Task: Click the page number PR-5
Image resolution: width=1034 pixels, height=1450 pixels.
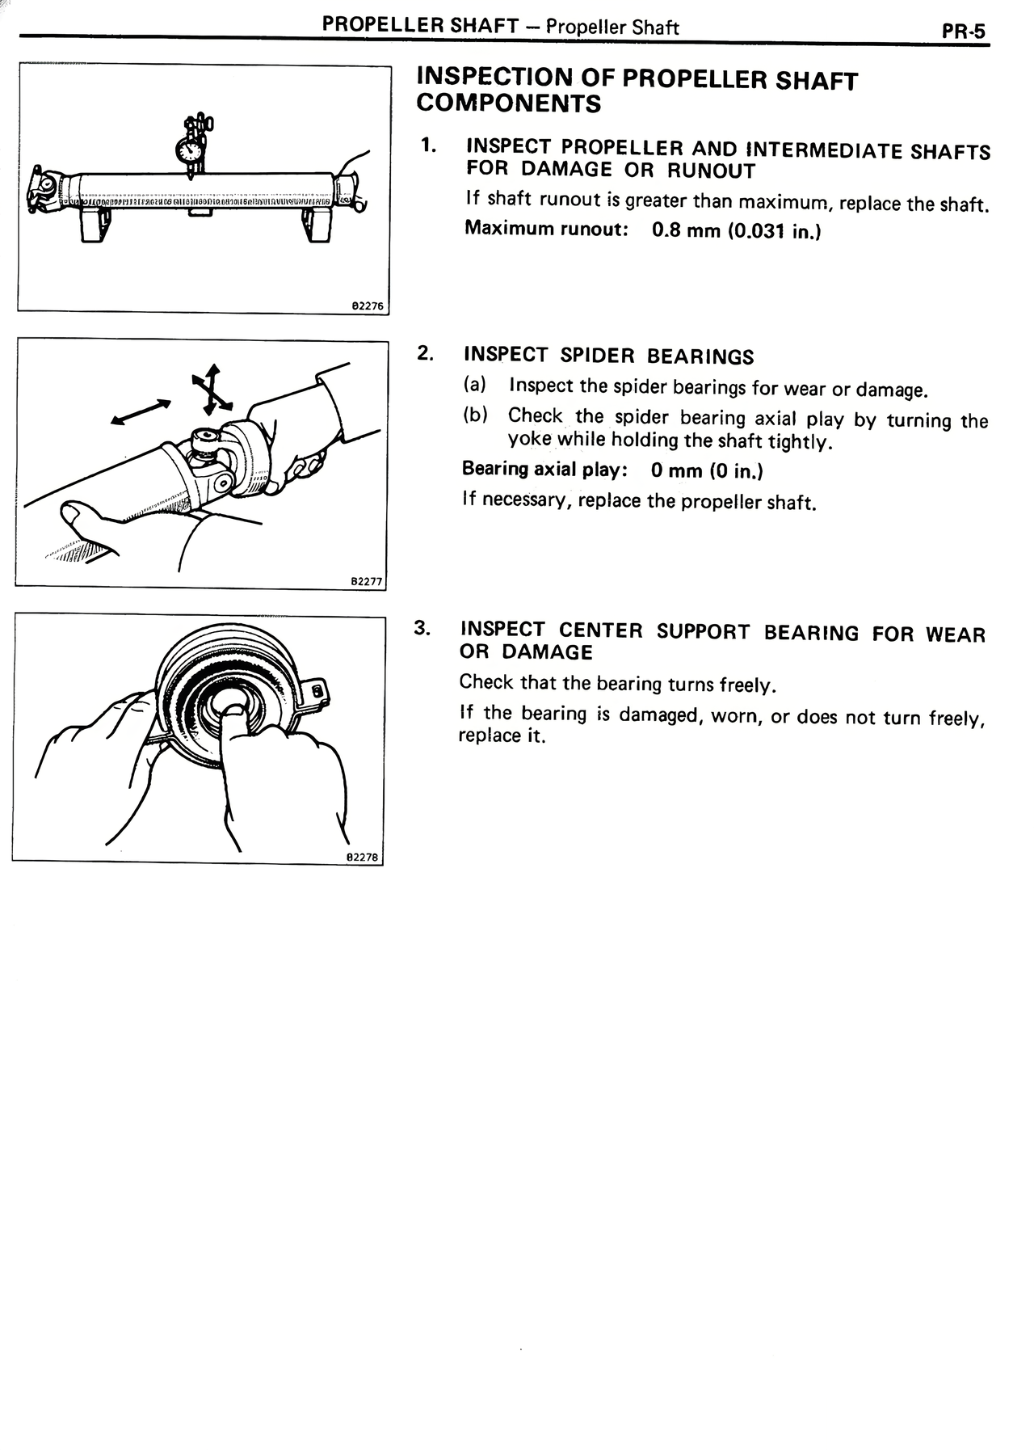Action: click(x=963, y=32)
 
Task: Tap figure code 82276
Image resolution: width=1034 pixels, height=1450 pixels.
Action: click(x=368, y=306)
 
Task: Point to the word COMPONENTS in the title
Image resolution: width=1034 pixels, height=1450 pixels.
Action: click(x=509, y=104)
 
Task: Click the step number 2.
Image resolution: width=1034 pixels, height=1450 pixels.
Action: click(x=426, y=353)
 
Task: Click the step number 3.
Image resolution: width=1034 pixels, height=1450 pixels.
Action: click(x=422, y=628)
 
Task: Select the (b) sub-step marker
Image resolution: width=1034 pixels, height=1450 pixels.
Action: click(x=475, y=415)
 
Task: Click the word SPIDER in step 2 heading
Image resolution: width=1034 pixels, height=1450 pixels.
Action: click(x=597, y=356)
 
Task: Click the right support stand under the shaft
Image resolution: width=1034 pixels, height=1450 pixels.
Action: click(x=317, y=224)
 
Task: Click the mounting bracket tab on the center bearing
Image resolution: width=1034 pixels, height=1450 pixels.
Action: click(x=317, y=690)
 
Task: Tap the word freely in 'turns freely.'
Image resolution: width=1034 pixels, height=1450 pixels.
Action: click(x=745, y=685)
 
